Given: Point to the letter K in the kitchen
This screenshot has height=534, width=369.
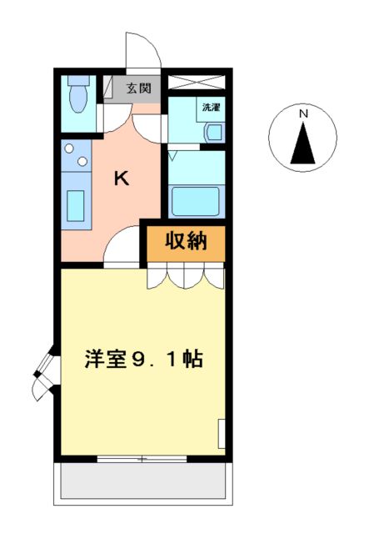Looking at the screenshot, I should [122, 177].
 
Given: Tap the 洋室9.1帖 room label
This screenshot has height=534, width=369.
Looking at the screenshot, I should [143, 360].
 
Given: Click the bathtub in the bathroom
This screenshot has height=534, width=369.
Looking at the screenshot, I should [194, 201].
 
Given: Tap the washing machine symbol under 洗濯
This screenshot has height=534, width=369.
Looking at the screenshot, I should [212, 132].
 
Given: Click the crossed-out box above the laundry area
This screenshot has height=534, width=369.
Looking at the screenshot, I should [197, 83].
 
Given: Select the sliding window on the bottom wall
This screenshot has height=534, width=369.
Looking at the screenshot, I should [142, 459].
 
